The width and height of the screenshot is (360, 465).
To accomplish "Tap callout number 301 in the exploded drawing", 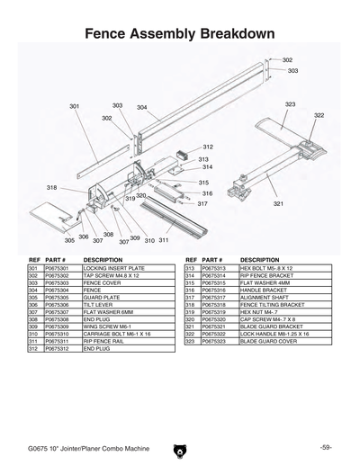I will point(75,106).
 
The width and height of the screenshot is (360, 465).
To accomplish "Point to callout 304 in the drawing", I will point(142,107).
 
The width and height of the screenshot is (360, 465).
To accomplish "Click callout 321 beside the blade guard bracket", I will point(279,204).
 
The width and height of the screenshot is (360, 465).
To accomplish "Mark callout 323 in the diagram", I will point(290,104).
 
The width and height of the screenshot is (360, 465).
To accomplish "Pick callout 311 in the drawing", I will point(164,240).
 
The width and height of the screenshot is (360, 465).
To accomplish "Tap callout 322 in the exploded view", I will point(319,115).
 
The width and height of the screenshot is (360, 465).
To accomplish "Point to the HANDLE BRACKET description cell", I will point(260,291).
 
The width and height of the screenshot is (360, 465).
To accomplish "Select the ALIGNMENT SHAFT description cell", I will point(261,298).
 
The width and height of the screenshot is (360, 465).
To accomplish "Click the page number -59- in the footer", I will point(326,447).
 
